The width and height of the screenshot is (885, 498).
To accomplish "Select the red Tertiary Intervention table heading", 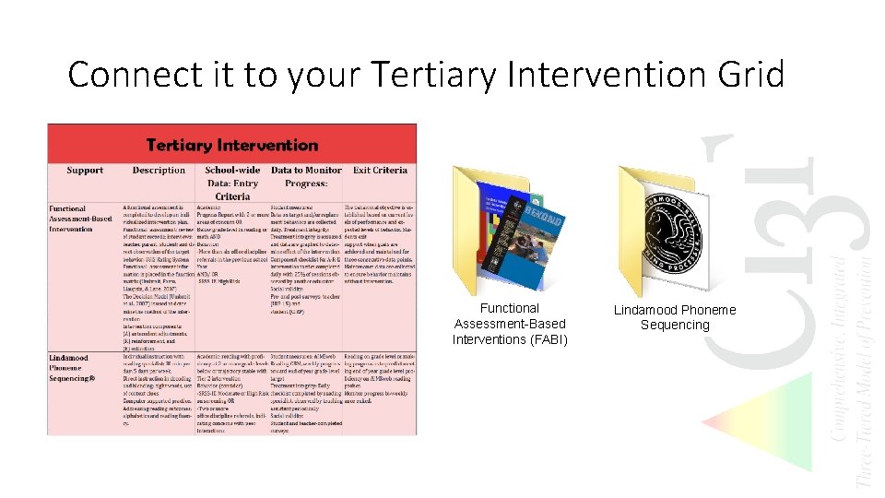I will (231, 145).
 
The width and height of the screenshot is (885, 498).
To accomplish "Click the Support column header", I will (85, 171).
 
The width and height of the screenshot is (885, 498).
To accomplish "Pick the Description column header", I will (159, 171).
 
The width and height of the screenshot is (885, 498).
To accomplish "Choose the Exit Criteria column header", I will (379, 171).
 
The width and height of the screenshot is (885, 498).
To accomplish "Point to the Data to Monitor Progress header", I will (305, 177).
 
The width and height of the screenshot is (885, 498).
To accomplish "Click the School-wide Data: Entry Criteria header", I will (232, 183).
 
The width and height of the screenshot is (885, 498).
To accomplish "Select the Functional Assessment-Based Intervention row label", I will (81, 219).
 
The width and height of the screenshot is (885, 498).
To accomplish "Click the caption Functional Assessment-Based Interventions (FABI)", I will (510, 324).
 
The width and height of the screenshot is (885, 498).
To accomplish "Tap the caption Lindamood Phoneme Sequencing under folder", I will (675, 317).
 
